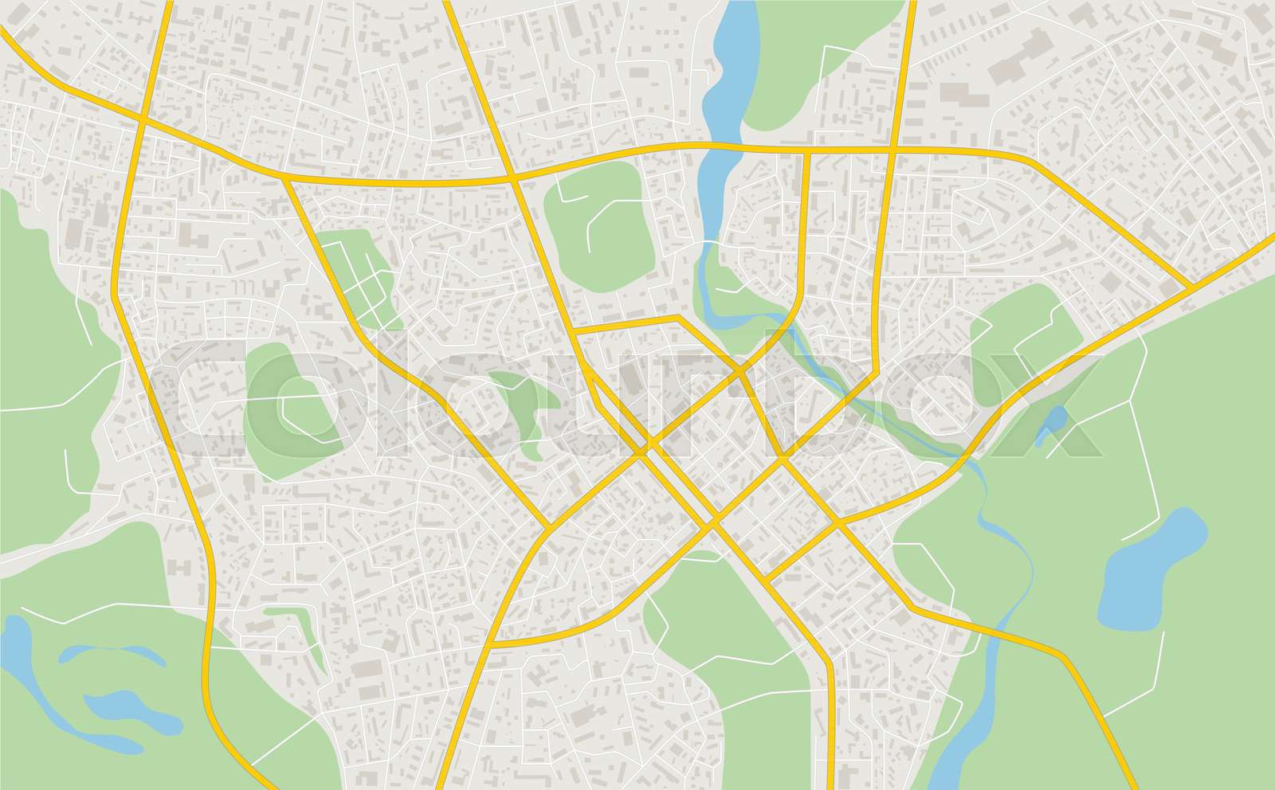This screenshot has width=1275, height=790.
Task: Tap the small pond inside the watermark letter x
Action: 1053,422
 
